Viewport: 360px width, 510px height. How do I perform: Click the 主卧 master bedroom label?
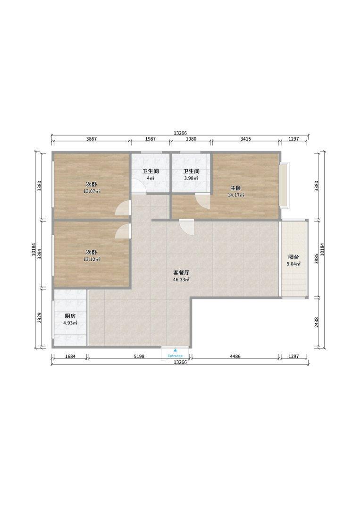236,188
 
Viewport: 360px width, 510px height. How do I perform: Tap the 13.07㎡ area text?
92,191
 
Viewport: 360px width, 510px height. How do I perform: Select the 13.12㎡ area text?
92,259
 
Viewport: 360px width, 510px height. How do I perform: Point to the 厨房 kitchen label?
70,316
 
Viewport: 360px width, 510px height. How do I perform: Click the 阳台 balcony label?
293,256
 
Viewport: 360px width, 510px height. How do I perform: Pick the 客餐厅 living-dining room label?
181,272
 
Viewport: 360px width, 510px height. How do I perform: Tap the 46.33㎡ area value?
181,280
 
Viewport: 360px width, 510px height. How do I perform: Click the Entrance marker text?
175,356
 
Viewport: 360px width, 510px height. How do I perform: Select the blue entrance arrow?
175,350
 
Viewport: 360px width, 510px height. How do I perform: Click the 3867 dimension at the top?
92,139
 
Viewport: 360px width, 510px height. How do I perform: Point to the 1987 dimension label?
150,139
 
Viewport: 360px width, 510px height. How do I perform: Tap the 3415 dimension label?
245,139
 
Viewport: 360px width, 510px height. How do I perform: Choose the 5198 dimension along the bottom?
139,357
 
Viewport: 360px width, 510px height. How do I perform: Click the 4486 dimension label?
235,357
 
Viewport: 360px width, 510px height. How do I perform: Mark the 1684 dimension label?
70,357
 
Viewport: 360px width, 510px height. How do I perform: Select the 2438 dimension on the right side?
317,323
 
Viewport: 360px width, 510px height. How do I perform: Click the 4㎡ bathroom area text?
150,178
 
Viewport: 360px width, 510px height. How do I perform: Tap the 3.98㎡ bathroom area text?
191,178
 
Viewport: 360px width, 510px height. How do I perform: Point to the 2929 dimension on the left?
39,318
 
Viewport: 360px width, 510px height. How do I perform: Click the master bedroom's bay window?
284,185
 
